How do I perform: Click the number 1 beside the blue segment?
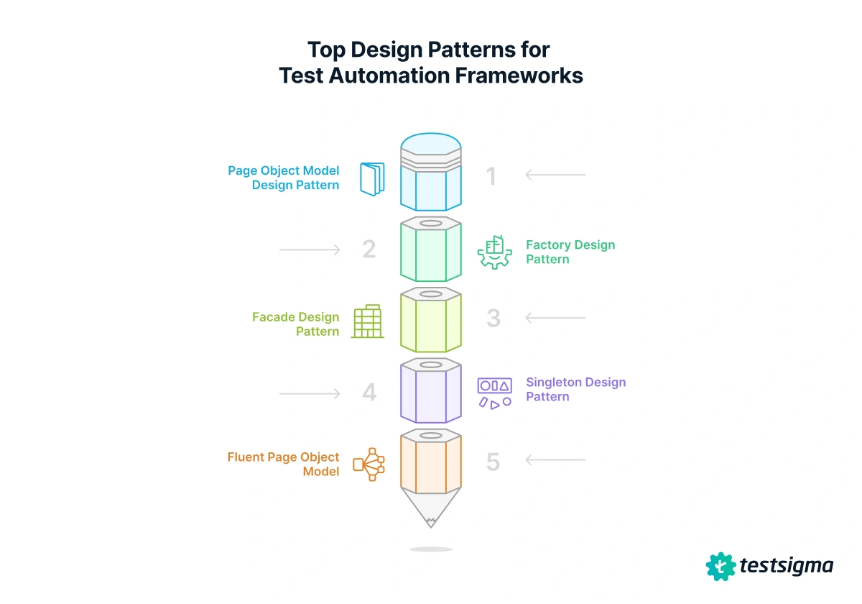(x=491, y=176)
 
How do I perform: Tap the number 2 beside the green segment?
(x=369, y=250)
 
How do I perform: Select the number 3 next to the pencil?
(x=493, y=318)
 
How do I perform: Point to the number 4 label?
(x=369, y=393)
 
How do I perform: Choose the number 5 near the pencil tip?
(x=493, y=462)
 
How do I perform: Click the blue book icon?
(x=371, y=180)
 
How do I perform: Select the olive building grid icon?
(x=368, y=321)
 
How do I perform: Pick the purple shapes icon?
(x=495, y=393)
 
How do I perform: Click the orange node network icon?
(x=369, y=464)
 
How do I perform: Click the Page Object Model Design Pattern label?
(x=284, y=178)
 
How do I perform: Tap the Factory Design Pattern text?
(x=570, y=252)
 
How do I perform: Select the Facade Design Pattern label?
(x=296, y=324)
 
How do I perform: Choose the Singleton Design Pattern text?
(x=575, y=389)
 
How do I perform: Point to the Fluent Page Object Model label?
(x=284, y=464)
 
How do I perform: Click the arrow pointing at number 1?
(x=555, y=175)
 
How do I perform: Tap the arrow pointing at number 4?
(x=310, y=393)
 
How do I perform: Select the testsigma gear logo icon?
(x=720, y=566)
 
